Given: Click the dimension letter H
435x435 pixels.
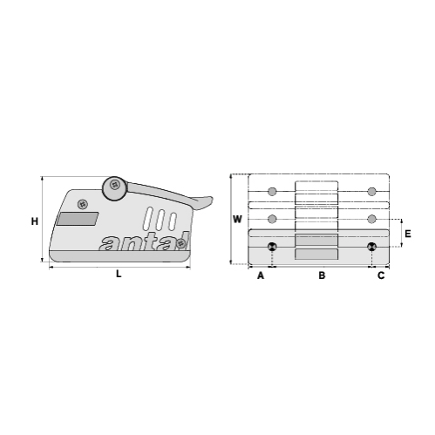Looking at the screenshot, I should click(34, 221).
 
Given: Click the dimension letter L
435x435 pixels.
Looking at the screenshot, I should click(119, 275).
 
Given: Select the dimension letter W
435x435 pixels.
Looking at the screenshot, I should click(237, 219).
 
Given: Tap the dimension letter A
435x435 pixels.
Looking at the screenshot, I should click(260, 276).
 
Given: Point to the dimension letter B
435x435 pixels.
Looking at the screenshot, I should click(321, 276).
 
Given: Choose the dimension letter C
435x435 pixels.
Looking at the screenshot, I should click(380, 276).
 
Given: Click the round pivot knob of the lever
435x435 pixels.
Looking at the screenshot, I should click(113, 186).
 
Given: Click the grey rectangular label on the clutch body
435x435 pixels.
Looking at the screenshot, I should click(77, 219).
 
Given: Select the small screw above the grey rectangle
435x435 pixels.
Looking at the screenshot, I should click(83, 204).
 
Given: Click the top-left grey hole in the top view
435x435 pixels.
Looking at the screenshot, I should click(273, 192).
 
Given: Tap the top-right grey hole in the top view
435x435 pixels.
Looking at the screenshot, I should click(372, 192).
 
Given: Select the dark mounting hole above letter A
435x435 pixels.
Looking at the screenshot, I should click(273, 247).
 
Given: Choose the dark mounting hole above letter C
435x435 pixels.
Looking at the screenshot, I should click(372, 247).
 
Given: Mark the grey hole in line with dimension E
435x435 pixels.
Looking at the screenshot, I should click(372, 218).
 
